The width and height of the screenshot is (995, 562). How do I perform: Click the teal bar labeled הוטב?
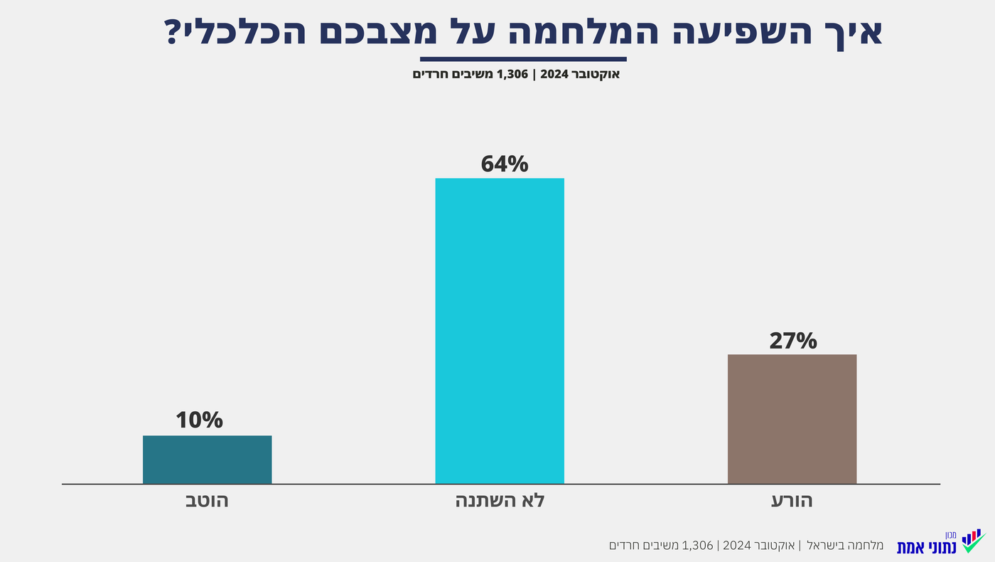pyautogui.click(x=207, y=460)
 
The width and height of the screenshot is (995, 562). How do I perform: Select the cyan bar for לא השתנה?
pyautogui.click(x=499, y=331)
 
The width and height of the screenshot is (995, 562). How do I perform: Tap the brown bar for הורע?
pyautogui.click(x=792, y=419)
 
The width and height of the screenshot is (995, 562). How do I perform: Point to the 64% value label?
pyautogui.click(x=505, y=164)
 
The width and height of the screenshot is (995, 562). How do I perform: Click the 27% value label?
pyautogui.click(x=792, y=341)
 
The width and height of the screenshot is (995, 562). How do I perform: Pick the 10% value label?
pyautogui.click(x=199, y=420)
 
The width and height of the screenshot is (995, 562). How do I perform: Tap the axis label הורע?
pyautogui.click(x=792, y=501)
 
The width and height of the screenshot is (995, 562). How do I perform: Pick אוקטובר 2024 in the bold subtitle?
pyautogui.click(x=580, y=74)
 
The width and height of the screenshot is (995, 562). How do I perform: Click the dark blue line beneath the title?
pyautogui.click(x=523, y=59)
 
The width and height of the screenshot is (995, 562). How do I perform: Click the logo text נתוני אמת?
pyautogui.click(x=927, y=547)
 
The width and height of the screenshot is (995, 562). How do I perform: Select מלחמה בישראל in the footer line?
pyautogui.click(x=843, y=546)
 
